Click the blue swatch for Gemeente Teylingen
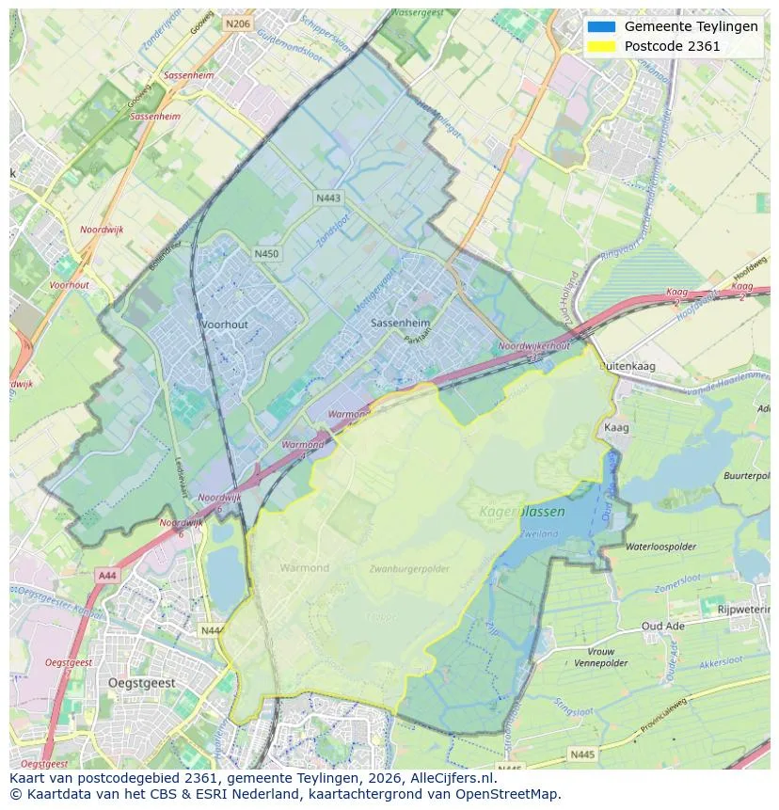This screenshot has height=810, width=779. (600, 26)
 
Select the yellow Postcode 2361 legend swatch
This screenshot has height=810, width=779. (600, 46)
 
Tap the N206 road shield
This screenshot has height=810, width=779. (237, 24)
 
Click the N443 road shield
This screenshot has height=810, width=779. (328, 199)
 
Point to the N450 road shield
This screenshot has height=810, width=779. (266, 253)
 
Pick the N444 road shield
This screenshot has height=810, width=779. (213, 630)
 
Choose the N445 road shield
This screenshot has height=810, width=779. (582, 754)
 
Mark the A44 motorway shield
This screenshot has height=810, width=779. (106, 573)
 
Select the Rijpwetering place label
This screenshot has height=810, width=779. (743, 610)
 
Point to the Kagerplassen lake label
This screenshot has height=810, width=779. (522, 512)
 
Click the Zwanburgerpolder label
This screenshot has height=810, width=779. (408, 569)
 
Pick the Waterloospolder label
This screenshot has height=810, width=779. (660, 547)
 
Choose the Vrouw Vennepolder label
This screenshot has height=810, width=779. (600, 658)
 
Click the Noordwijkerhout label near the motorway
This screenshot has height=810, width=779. (533, 346)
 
